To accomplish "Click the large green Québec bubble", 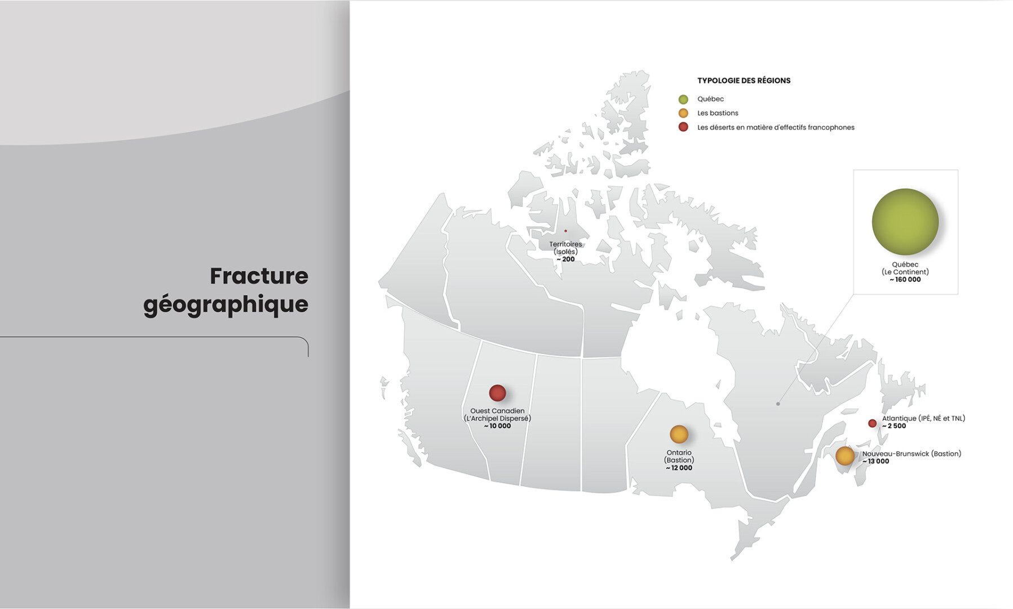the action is tap(905, 222).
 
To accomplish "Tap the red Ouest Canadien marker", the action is tap(497, 393).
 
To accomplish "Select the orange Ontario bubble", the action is tap(679, 434).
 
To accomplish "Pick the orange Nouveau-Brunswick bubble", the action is tap(844, 456).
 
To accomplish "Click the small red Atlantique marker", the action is tap(872, 423).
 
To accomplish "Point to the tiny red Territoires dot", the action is tap(565, 231).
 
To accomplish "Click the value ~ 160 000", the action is tap(905, 280).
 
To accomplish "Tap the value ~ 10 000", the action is tap(497, 426).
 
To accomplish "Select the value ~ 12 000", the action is tap(679, 468).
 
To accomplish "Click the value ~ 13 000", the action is tap(876, 461).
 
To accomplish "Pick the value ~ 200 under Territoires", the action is tap(565, 259).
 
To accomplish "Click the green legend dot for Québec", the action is tap(683, 99).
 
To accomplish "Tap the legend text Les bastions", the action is tap(718, 113).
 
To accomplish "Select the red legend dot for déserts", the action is tap(683, 127).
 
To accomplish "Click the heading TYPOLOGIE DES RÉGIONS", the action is tap(744, 81).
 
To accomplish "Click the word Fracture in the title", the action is tap(259, 276).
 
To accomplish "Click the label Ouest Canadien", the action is tap(497, 411).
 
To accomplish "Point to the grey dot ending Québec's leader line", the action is tap(778, 404).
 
